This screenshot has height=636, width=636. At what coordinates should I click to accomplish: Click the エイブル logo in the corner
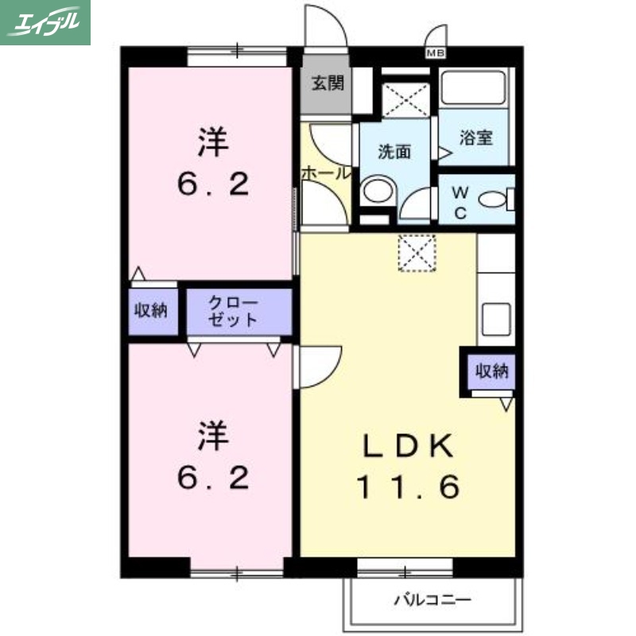[45, 21]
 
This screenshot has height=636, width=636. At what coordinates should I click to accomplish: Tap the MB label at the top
[435, 54]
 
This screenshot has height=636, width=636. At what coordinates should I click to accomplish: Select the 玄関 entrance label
[327, 83]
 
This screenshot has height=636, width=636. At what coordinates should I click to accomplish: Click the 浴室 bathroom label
[476, 137]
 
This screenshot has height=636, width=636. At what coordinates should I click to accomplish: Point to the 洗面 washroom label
[394, 151]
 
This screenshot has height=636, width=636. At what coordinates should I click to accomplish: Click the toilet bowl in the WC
[497, 200]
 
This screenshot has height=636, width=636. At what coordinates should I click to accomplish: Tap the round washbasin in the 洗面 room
[376, 192]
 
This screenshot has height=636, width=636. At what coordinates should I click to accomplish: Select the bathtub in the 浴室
[475, 87]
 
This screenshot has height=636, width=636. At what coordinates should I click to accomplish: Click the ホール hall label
[324, 172]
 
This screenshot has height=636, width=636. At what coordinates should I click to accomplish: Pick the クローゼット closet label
[234, 312]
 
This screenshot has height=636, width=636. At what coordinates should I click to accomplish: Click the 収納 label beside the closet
[149, 310]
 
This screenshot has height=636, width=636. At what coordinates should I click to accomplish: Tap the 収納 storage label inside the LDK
[492, 370]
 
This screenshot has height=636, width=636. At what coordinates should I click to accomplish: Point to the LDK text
[409, 447]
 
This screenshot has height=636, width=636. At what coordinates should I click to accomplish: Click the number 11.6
[407, 487]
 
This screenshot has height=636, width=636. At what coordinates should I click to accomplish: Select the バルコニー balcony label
[432, 600]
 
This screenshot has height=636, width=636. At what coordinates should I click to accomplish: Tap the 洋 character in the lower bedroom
[213, 436]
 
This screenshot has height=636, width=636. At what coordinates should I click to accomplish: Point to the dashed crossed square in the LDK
[417, 253]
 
